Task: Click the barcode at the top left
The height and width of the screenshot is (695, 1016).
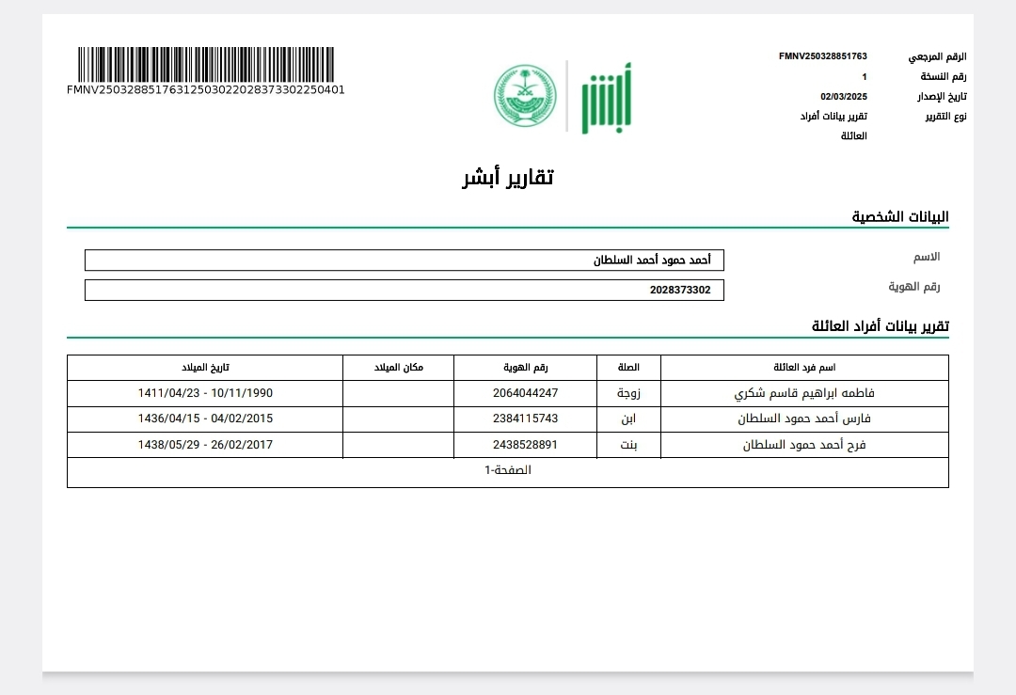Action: pos(205,65)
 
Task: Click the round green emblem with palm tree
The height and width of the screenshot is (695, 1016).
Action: pos(525,97)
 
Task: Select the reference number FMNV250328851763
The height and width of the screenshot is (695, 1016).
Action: pos(822,56)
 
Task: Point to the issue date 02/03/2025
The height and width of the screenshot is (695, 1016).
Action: pos(843,96)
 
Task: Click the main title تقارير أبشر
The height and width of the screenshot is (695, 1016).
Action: pos(508,177)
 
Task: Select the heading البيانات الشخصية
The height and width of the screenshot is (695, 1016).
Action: pos(900,217)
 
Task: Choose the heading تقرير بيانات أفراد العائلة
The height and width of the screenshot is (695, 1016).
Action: pos(881,326)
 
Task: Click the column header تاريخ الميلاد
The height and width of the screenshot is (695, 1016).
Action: pos(205,367)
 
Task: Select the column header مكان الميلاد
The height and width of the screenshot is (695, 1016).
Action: pos(399,367)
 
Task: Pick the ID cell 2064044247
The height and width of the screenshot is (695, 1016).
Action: pos(525,393)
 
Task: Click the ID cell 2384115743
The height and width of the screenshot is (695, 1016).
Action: pos(525,419)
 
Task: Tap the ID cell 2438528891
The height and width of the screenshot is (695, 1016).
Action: pos(525,445)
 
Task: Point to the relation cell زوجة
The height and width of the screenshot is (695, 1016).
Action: pos(629,393)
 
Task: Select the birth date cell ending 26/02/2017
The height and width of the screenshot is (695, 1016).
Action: pos(205,445)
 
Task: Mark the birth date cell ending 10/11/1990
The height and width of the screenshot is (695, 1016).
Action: pos(205,393)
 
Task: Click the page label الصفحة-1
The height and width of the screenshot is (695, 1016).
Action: pos(508,470)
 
